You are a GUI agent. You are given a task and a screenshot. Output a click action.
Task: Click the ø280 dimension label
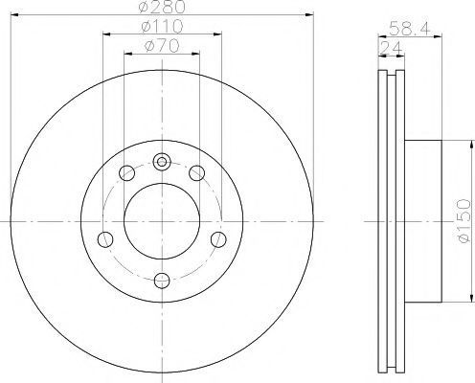tap(162, 7)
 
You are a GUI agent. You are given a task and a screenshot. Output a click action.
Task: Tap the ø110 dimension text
tap(162, 27)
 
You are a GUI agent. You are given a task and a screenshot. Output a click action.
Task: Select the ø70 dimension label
tap(162, 46)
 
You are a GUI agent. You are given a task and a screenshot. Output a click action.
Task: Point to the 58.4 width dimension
tap(410, 28)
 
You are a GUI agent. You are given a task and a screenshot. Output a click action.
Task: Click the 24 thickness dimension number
tap(391, 48)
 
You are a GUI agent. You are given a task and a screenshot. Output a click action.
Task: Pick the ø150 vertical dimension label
tap(464, 221)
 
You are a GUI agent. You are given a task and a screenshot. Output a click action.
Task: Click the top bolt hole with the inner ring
tap(162, 162)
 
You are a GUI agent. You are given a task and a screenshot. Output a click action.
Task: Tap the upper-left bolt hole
tap(126, 173)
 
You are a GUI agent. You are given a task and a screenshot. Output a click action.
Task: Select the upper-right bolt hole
tap(196, 173)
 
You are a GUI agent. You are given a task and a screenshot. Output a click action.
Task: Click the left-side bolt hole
tap(105, 239)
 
